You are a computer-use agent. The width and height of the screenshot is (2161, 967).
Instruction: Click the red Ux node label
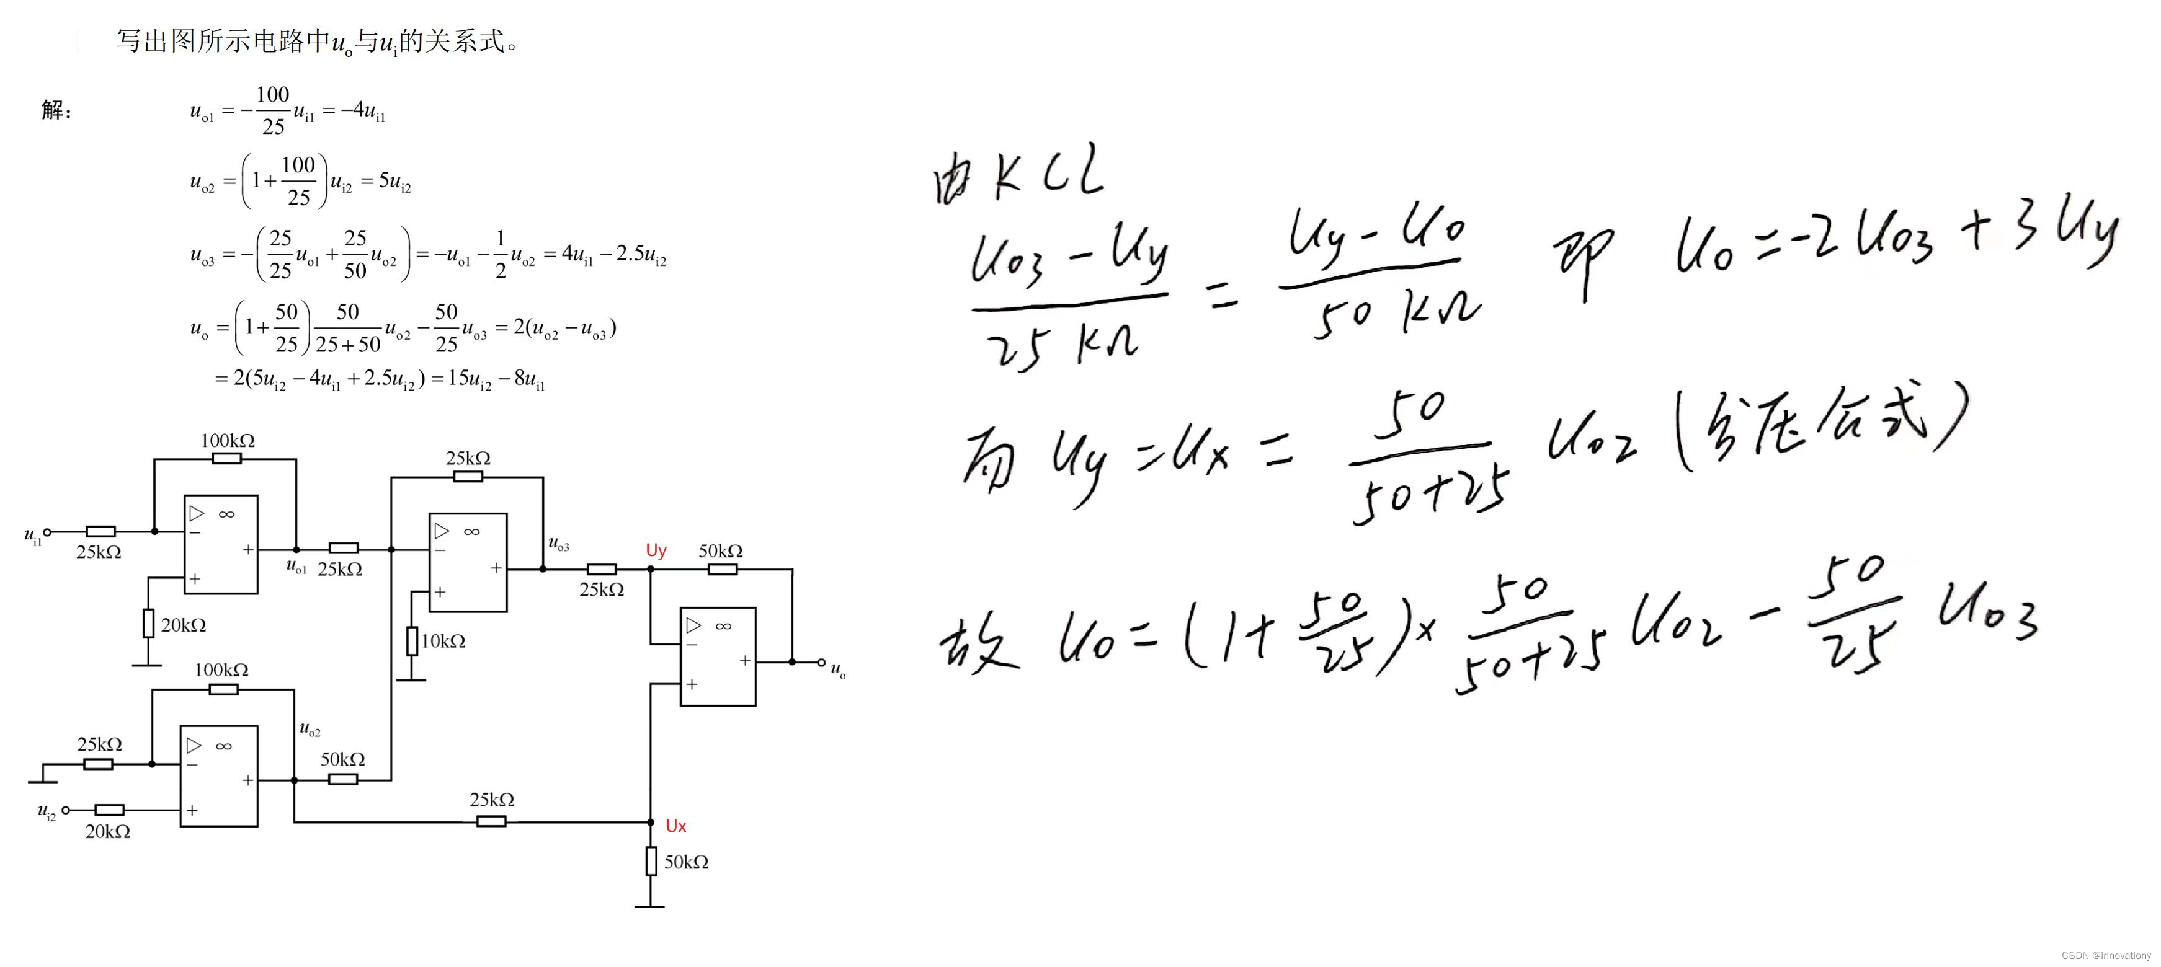675,826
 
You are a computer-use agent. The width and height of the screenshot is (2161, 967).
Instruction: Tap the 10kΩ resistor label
443,642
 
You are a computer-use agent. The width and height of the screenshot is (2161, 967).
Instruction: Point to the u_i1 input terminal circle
48,532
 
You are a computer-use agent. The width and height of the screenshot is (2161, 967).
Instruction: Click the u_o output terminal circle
821,663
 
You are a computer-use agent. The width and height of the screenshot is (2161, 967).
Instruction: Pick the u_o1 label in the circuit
296,567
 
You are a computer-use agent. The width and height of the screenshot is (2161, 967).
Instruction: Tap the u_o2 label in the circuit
310,729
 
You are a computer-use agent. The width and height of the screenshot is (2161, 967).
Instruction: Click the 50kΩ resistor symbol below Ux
651,862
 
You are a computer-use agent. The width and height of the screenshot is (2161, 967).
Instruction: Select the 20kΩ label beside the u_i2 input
107,832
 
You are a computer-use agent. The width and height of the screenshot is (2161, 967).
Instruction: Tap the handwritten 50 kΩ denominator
1397,314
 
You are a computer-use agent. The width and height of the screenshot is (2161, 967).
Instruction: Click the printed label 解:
56,110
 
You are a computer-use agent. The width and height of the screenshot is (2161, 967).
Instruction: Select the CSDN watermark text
2106,955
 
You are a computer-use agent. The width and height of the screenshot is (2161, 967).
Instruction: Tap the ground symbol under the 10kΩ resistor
411,679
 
